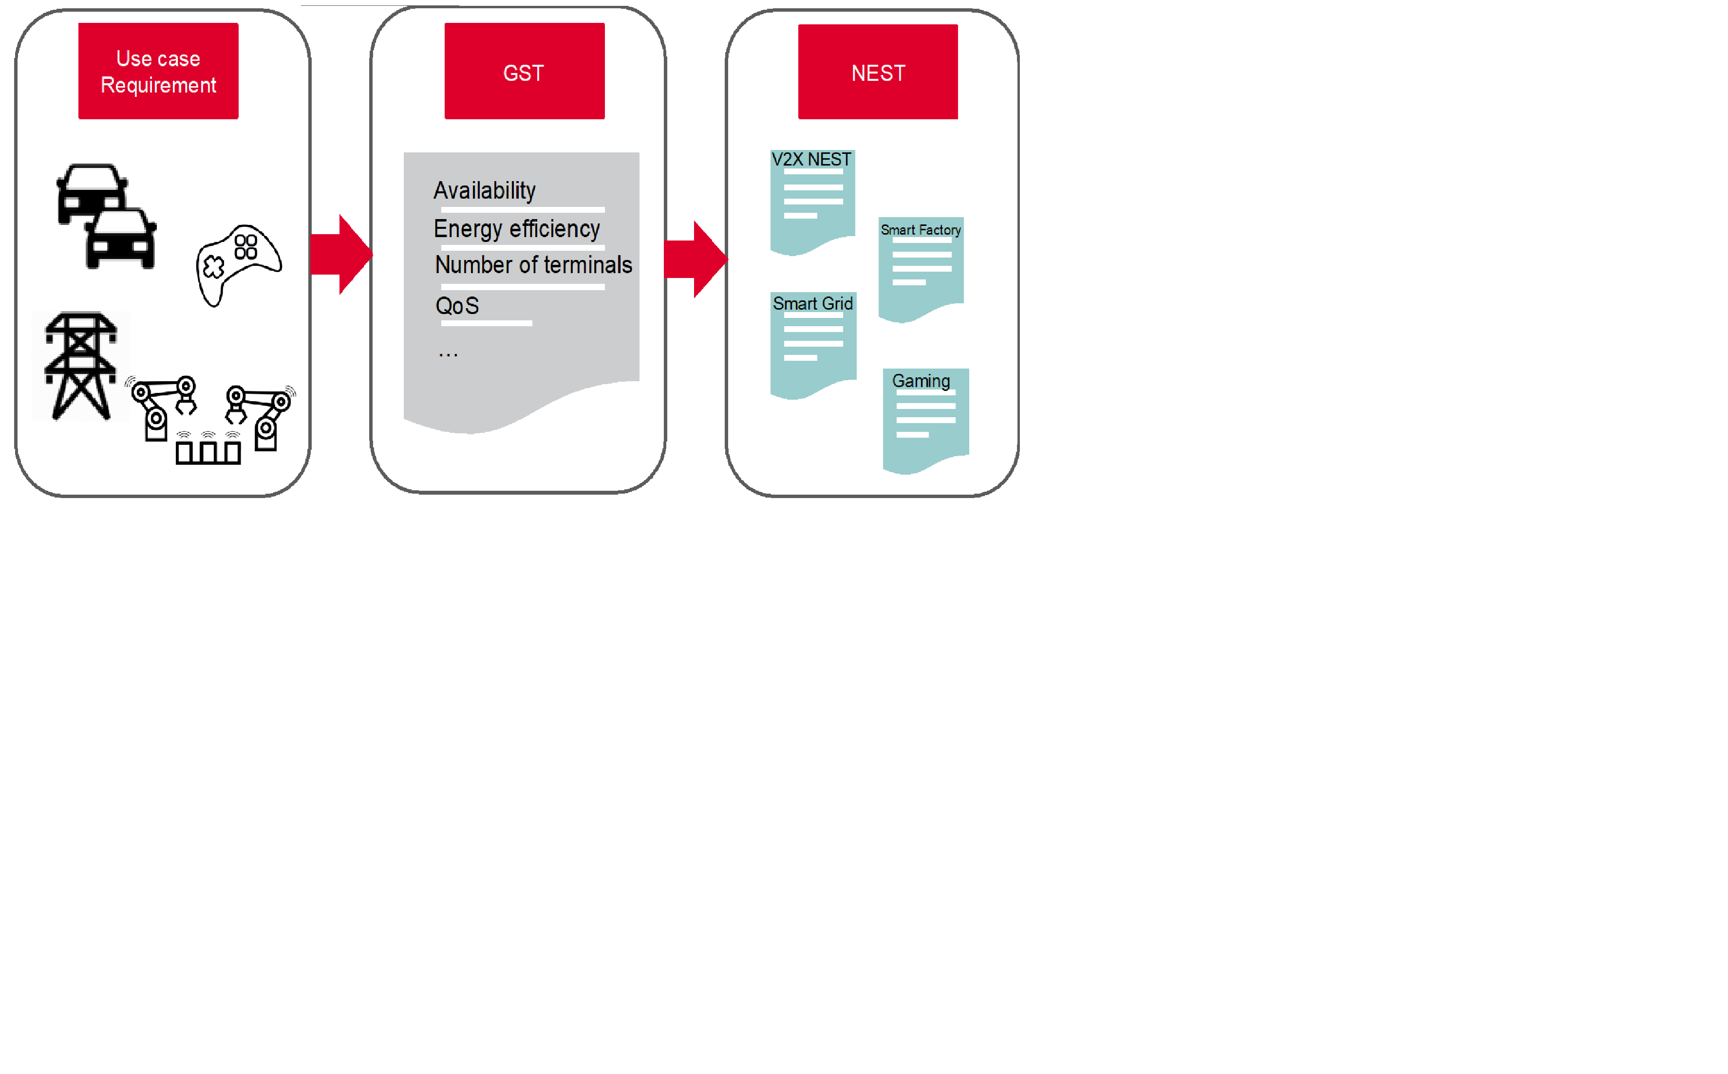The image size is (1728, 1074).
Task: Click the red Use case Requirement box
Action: point(158,71)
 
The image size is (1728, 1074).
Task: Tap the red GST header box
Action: point(525,71)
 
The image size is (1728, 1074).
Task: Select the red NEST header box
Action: point(878,72)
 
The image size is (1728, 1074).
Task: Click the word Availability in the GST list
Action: point(485,190)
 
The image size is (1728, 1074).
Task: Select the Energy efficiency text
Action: point(517,229)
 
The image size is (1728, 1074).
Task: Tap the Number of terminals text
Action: point(534,265)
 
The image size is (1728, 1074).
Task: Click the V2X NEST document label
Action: point(811,160)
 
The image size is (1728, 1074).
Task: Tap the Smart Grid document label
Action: point(813,304)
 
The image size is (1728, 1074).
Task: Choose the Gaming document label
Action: point(921,381)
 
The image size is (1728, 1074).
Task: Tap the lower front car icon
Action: point(121,239)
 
